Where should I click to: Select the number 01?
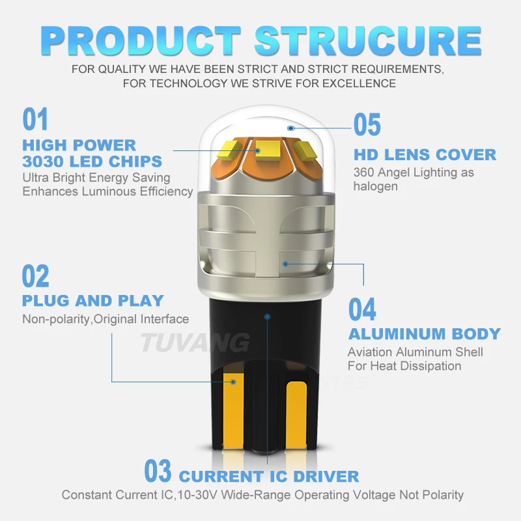36,120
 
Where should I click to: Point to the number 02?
36,276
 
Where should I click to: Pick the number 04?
362,309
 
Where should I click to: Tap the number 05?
367,125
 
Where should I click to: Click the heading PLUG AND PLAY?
92,301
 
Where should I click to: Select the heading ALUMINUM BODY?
425,334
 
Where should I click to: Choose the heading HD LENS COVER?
425,155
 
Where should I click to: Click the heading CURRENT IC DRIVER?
269,476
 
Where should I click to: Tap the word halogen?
376,186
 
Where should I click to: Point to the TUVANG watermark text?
196,341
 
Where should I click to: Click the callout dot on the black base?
266,317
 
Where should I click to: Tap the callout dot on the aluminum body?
285,263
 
